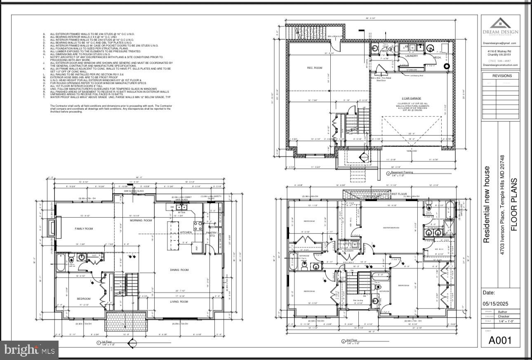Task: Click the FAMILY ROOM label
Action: point(84,228)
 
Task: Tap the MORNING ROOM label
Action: point(141,221)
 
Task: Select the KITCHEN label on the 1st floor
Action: point(186,233)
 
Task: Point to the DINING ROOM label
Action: point(179,270)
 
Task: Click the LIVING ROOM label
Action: point(179,302)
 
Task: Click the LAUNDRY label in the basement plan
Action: point(412,56)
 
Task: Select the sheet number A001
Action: point(500,340)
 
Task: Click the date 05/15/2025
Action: point(495,304)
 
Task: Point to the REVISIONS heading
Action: point(502,76)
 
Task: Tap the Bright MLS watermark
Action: point(29,351)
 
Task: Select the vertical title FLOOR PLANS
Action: point(514,205)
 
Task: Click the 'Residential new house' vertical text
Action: point(487,205)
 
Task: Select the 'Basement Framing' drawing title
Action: point(402,172)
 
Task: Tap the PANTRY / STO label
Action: point(212,234)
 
